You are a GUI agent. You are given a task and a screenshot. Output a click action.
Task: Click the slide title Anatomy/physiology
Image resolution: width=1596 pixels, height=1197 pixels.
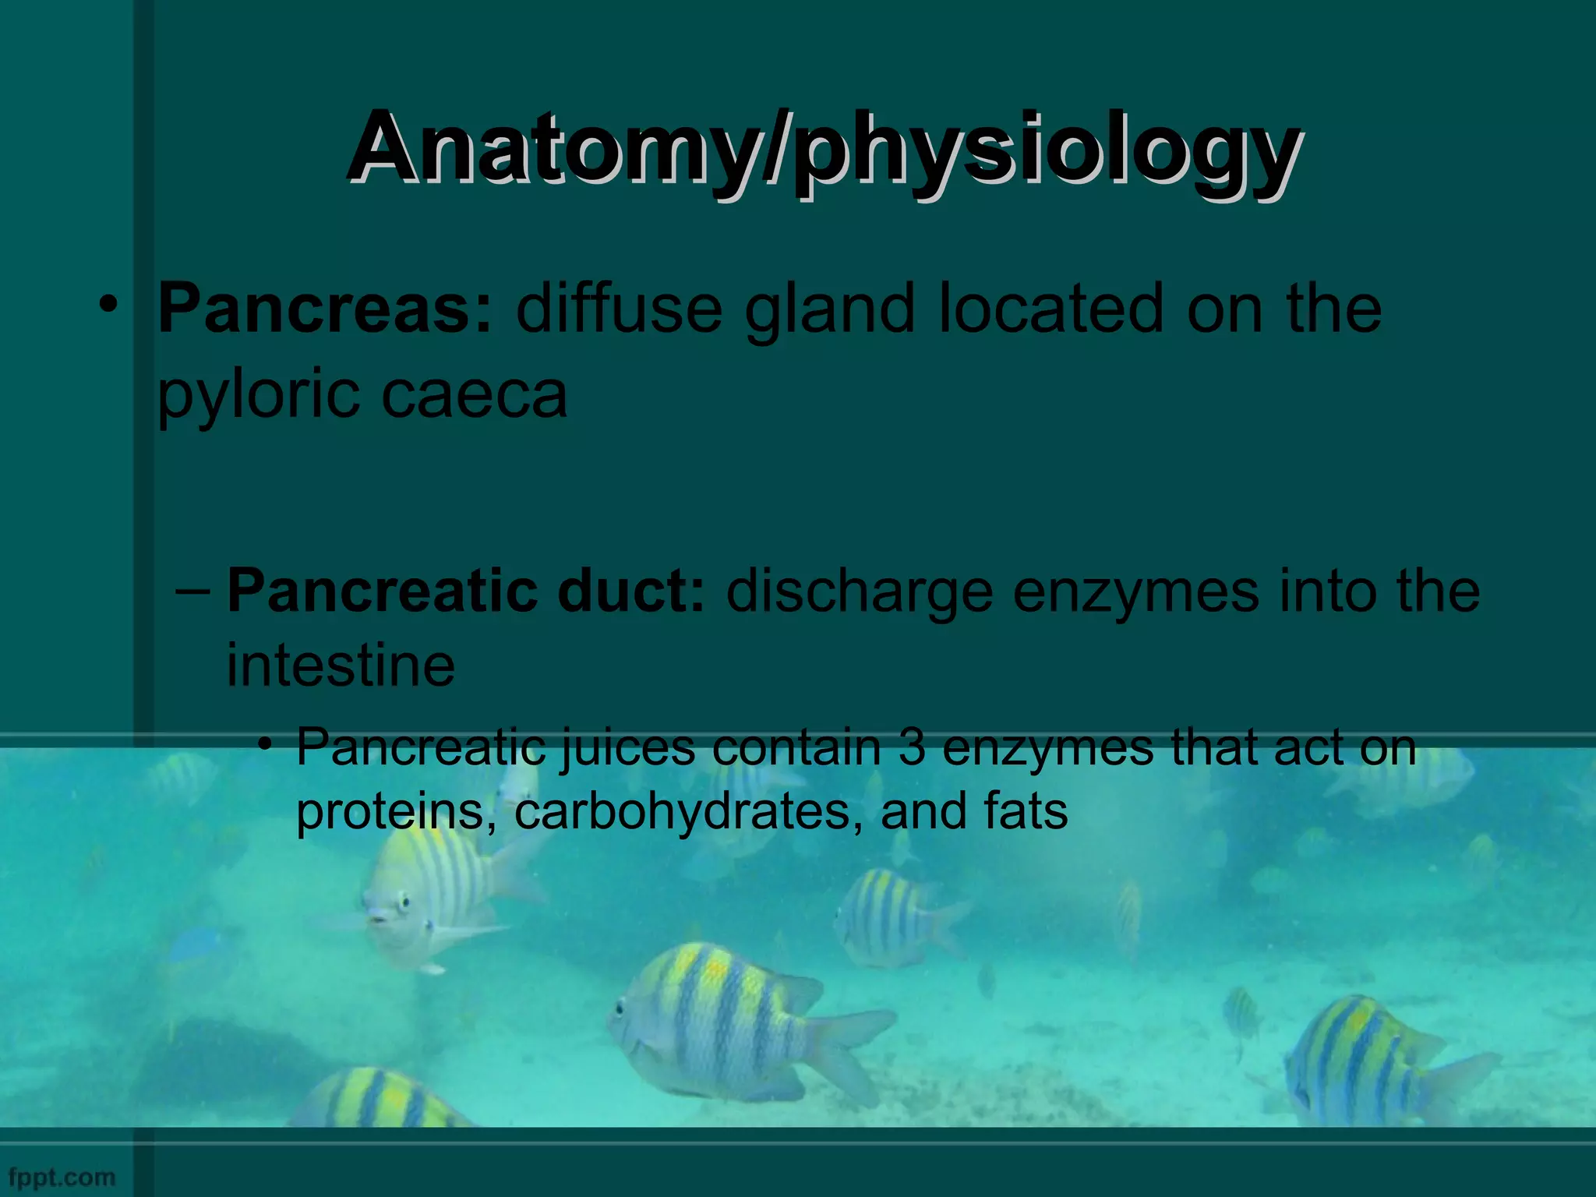[x=823, y=148]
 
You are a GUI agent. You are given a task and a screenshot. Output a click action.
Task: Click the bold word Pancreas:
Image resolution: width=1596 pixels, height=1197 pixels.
[x=326, y=309]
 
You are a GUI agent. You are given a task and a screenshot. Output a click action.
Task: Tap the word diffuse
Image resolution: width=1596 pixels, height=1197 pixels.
[x=619, y=309]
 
